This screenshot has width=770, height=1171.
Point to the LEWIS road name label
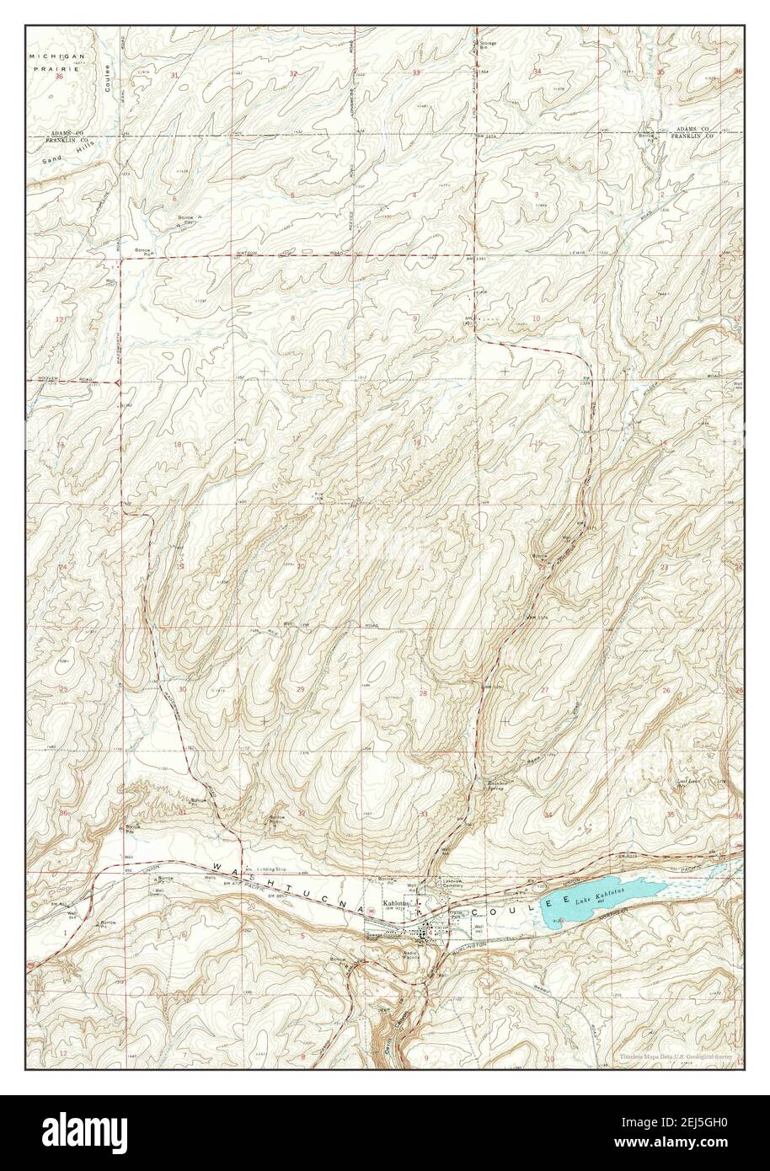click(576, 252)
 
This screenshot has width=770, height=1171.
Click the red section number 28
click(424, 693)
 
